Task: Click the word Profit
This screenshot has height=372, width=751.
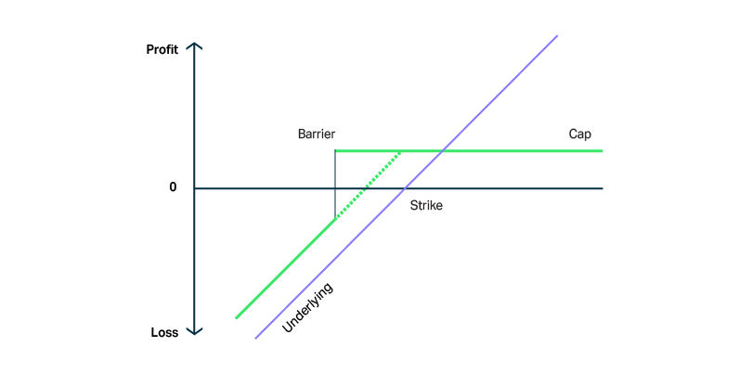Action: click(x=162, y=49)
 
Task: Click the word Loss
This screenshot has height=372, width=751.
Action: click(x=164, y=332)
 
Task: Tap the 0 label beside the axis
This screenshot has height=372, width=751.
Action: click(x=173, y=187)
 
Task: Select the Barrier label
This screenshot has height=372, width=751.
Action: click(x=316, y=135)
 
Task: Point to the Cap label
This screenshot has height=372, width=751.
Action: click(x=579, y=135)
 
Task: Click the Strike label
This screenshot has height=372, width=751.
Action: click(x=426, y=205)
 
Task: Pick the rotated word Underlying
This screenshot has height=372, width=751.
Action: click(x=307, y=308)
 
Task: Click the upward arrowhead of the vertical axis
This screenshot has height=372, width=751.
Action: click(x=196, y=45)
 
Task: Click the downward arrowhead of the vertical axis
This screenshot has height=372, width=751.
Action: click(x=196, y=332)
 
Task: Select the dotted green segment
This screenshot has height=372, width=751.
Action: click(x=368, y=185)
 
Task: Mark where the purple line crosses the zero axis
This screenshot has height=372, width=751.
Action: click(x=405, y=188)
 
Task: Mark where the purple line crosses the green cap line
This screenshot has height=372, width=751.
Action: click(x=443, y=150)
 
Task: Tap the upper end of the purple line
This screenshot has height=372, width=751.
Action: click(x=557, y=35)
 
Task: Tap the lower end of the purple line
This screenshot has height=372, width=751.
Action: click(x=255, y=338)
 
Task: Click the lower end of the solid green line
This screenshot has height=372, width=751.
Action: click(x=236, y=318)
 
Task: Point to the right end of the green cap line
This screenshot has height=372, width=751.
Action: click(x=602, y=150)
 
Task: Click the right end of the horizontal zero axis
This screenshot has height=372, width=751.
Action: click(x=602, y=188)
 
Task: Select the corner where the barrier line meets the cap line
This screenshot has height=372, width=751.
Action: click(x=335, y=150)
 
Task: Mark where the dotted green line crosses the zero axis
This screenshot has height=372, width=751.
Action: click(x=364, y=188)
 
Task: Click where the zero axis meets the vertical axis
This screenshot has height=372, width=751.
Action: click(x=196, y=188)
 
